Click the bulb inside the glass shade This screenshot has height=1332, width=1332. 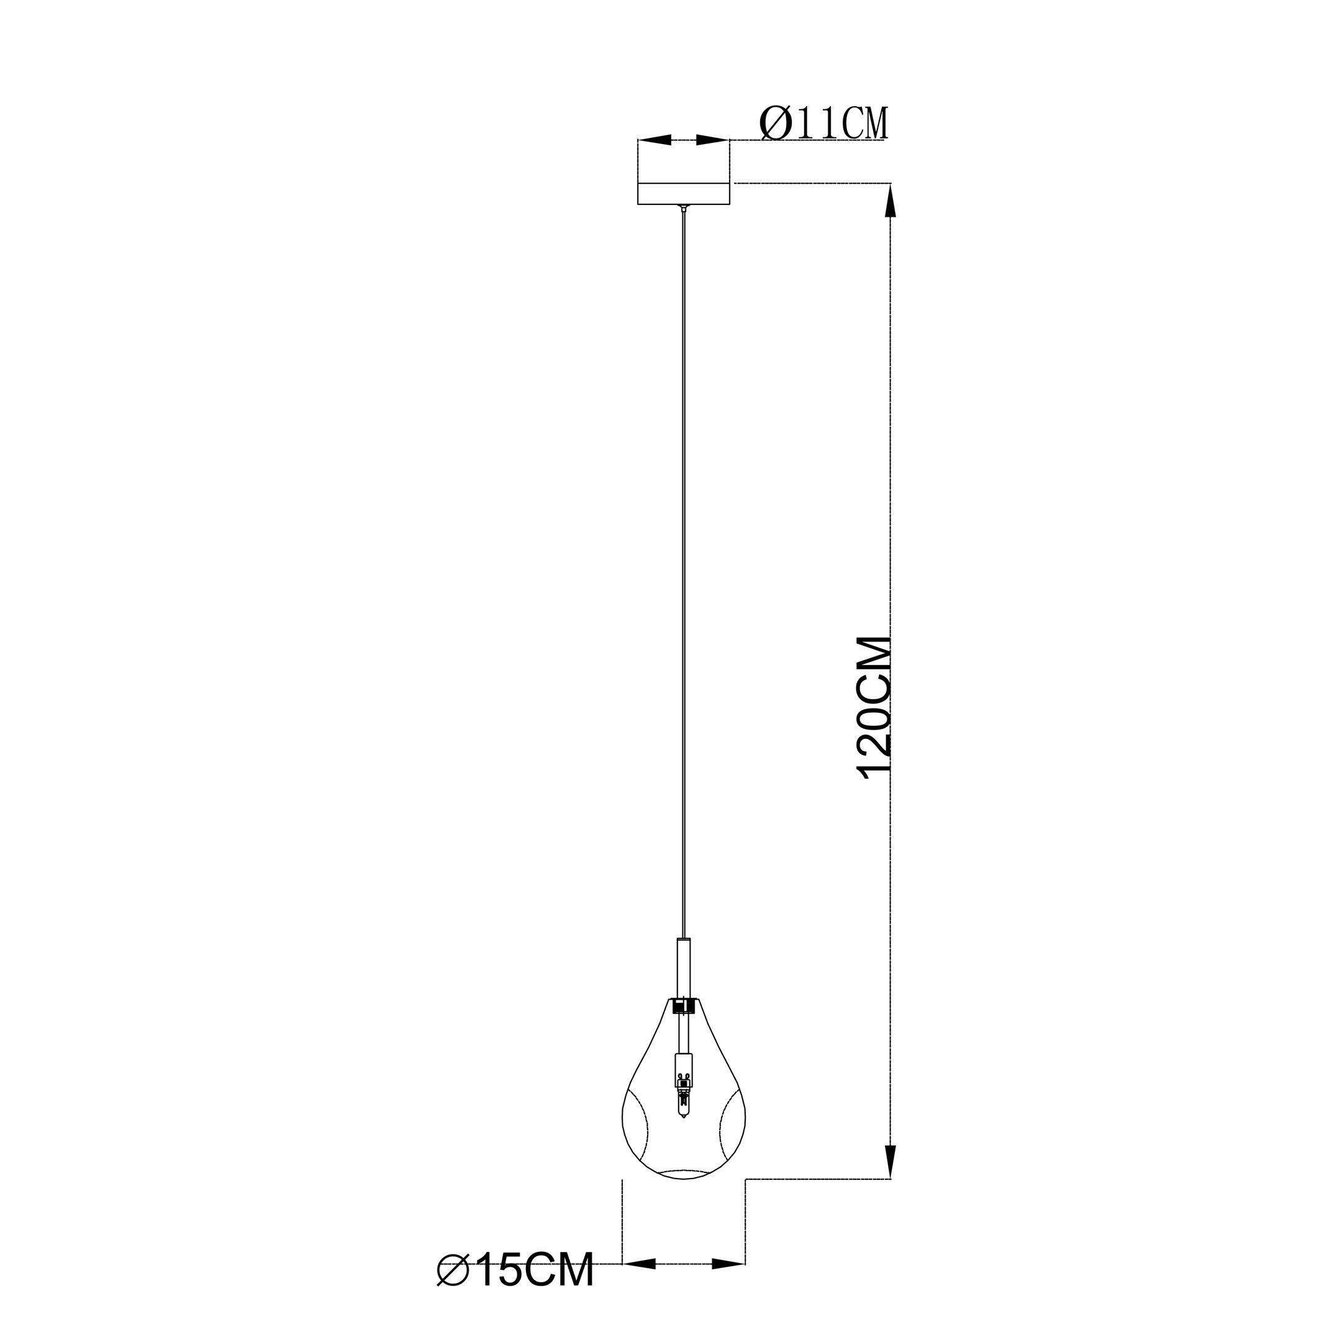[x=683, y=1106]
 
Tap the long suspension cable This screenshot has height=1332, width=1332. [x=683, y=551]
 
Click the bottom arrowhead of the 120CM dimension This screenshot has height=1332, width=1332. [x=892, y=1162]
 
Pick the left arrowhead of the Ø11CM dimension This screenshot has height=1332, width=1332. [x=656, y=140]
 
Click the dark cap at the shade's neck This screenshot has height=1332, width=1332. [x=683, y=1006]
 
